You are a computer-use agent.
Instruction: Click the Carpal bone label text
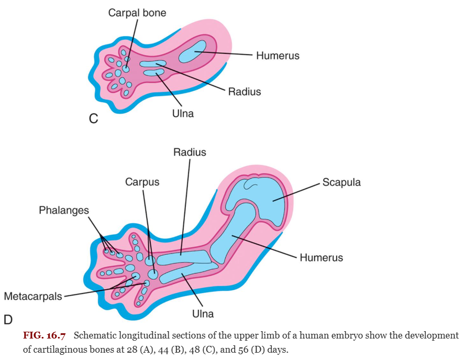137,13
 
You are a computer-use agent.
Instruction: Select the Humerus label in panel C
278,56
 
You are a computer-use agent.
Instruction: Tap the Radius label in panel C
245,92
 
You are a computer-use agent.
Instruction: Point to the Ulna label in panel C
183,113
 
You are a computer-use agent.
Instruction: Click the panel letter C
93,118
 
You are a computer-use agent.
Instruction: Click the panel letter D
8,320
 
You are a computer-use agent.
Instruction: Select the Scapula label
341,182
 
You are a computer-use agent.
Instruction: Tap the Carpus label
142,182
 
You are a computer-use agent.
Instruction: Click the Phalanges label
63,210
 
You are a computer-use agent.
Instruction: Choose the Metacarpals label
33,296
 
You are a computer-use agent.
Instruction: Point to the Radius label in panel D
190,152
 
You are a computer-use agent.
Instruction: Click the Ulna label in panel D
203,313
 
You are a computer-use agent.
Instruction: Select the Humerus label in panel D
322,257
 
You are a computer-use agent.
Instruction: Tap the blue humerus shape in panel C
192,51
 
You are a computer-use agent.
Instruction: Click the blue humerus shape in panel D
233,234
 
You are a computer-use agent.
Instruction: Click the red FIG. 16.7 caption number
44,335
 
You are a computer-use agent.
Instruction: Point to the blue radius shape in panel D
184,258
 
